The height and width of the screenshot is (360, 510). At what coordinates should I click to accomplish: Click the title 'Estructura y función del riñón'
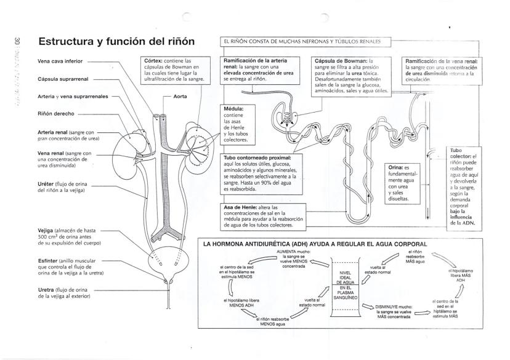[116, 41]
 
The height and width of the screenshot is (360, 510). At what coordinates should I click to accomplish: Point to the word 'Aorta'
[180, 97]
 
